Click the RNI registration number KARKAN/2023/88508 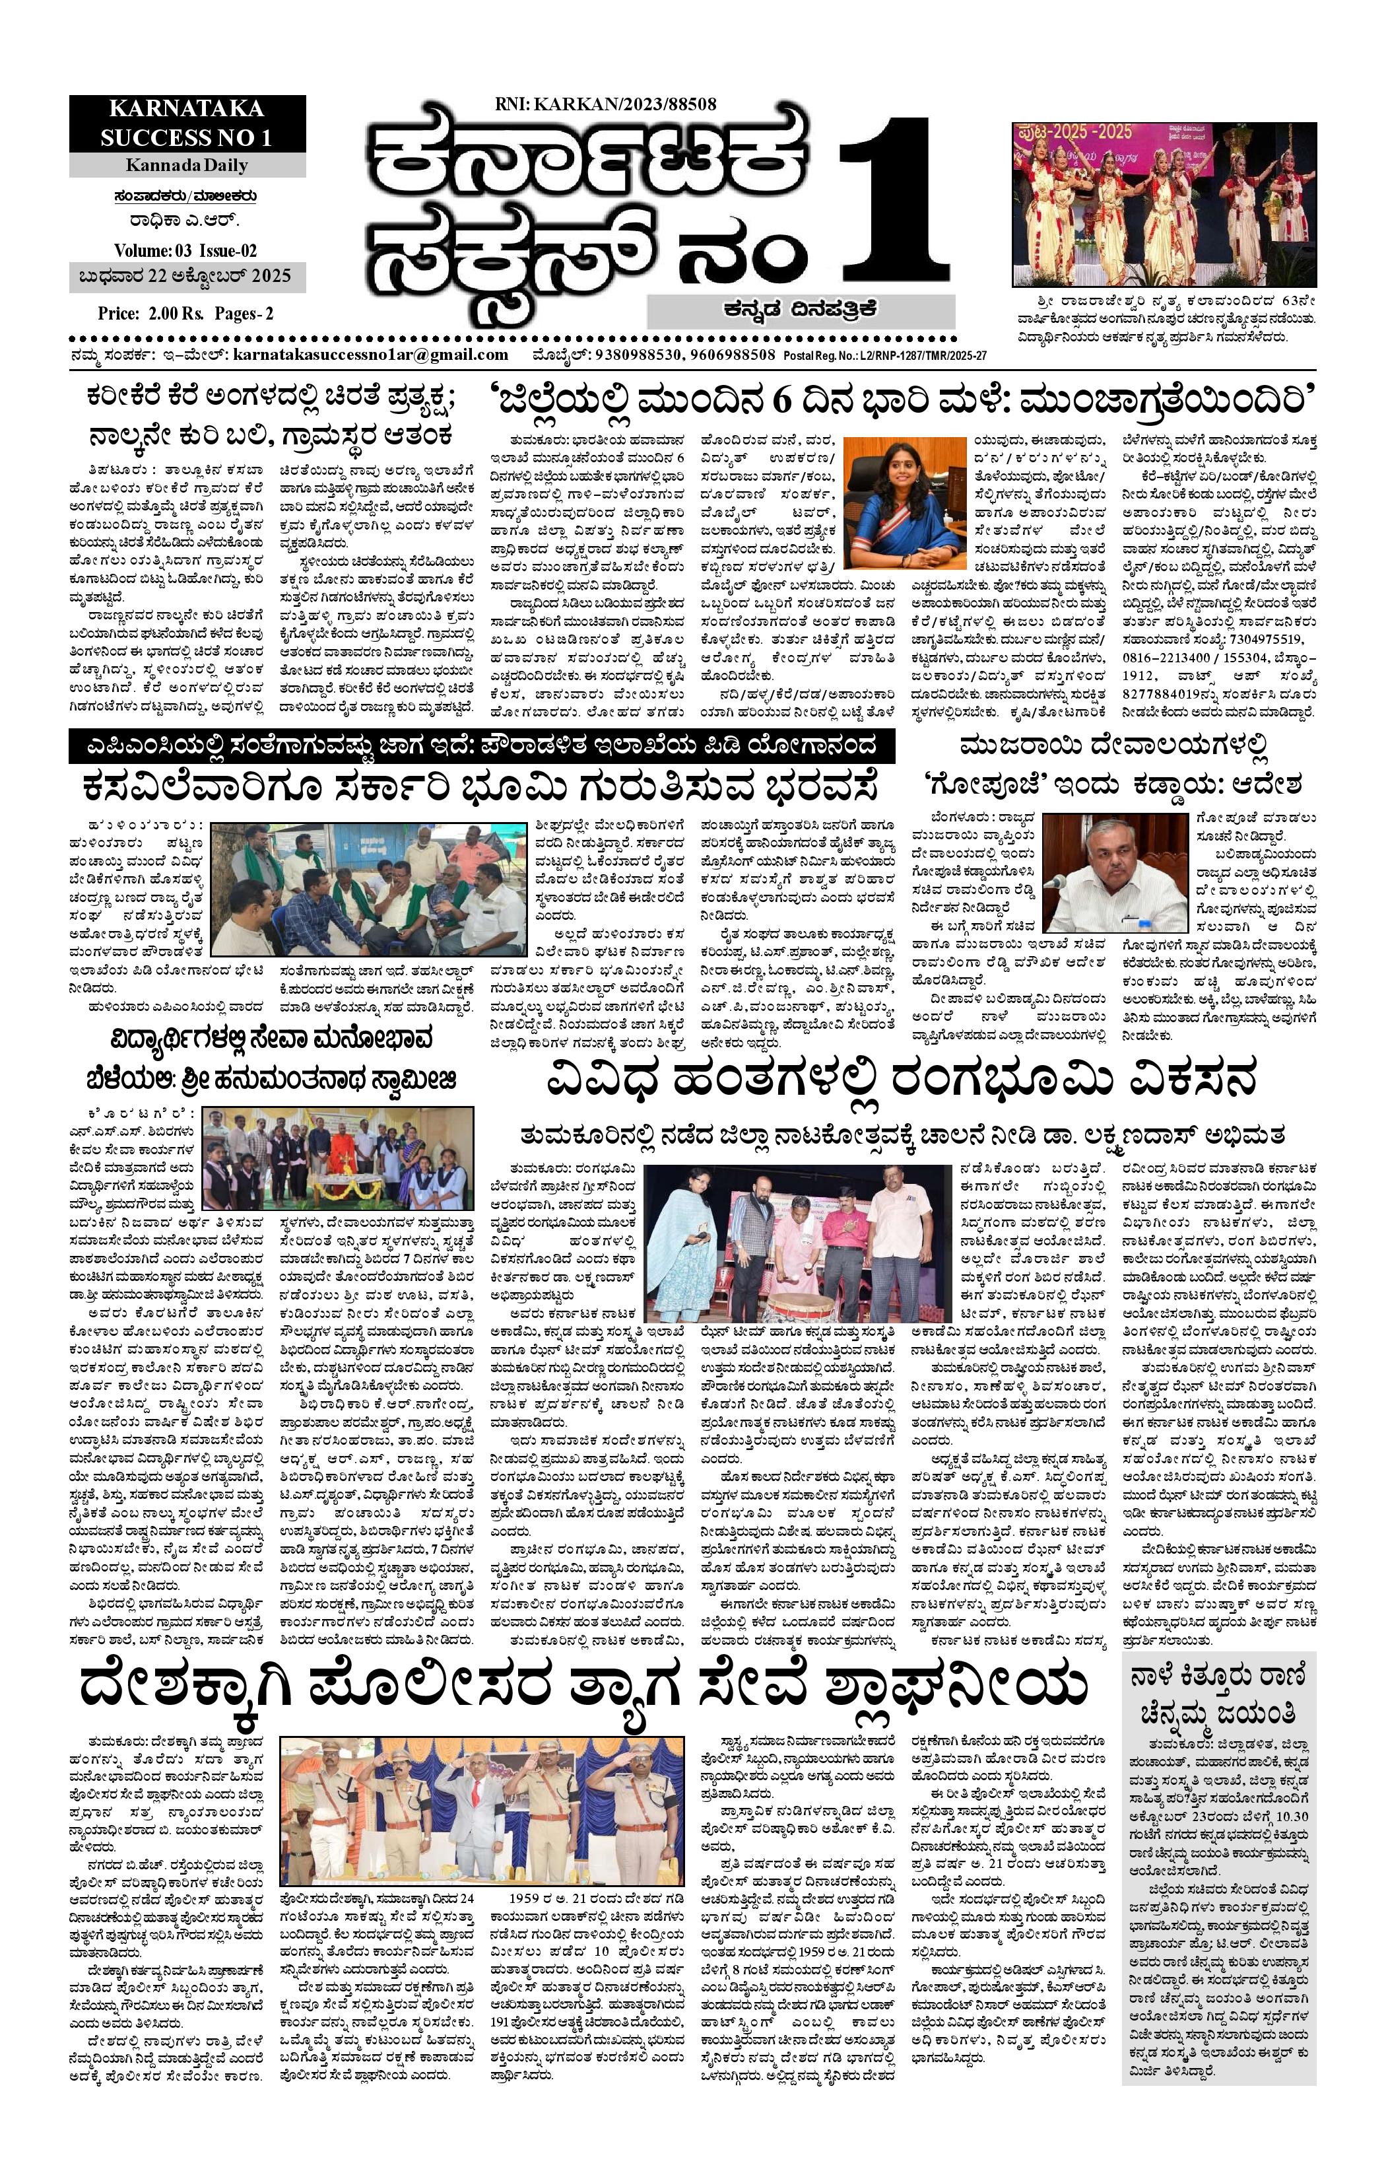point(605,104)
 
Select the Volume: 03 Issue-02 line point(185,250)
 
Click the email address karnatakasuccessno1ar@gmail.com point(370,355)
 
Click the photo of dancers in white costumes point(1164,205)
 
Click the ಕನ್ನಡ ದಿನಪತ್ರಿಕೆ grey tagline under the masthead point(800,310)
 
